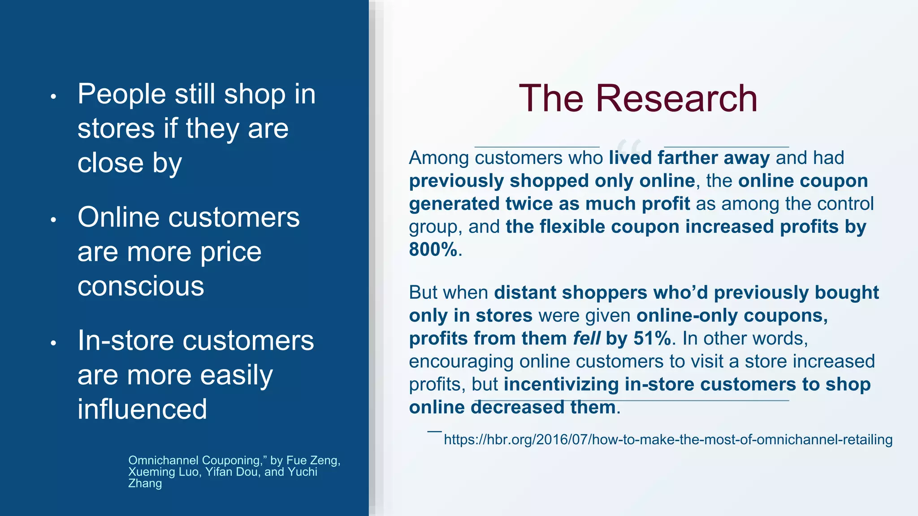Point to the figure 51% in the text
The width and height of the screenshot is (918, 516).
(653, 339)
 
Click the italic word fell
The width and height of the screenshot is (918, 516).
(586, 339)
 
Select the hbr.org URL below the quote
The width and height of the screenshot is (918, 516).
(668, 439)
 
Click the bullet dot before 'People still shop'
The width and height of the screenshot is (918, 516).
(53, 96)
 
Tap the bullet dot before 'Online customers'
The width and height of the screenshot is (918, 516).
(53, 219)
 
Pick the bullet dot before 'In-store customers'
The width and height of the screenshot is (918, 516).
(53, 343)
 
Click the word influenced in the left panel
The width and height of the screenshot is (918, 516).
(142, 409)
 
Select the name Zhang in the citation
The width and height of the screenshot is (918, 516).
(145, 483)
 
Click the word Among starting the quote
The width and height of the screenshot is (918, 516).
(438, 158)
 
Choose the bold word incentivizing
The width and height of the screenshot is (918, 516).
(561, 385)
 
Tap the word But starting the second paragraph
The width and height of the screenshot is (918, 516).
(425, 293)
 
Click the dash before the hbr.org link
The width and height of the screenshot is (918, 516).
(434, 431)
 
